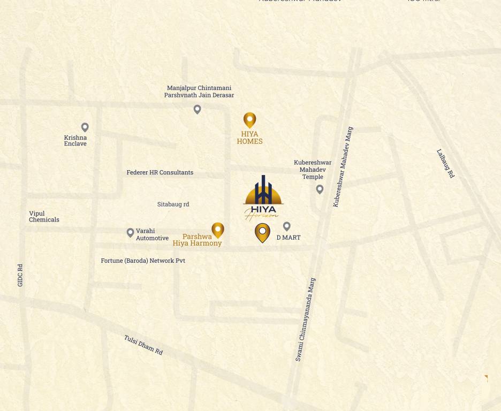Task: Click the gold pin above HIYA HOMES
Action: click(x=249, y=119)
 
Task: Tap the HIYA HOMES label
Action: click(x=250, y=138)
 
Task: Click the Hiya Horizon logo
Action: click(x=263, y=197)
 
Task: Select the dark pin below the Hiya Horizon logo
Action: click(x=262, y=232)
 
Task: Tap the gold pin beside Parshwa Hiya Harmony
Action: click(x=218, y=230)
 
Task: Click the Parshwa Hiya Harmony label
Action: click(x=197, y=240)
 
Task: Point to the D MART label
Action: click(x=289, y=238)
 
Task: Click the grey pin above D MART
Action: click(x=287, y=226)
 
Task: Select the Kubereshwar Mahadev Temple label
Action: click(x=313, y=170)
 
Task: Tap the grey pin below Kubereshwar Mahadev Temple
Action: click(x=320, y=189)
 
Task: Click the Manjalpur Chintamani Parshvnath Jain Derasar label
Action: click(x=199, y=92)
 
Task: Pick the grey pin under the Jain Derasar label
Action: click(x=198, y=109)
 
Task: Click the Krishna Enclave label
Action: click(x=75, y=141)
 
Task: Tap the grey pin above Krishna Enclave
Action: click(x=85, y=127)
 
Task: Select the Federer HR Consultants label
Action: click(x=160, y=172)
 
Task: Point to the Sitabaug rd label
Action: click(x=173, y=204)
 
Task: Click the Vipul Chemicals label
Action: click(x=44, y=216)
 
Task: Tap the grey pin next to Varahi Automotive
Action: click(x=130, y=232)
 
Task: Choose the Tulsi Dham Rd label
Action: click(x=143, y=345)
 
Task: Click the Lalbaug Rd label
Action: click(x=445, y=163)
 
